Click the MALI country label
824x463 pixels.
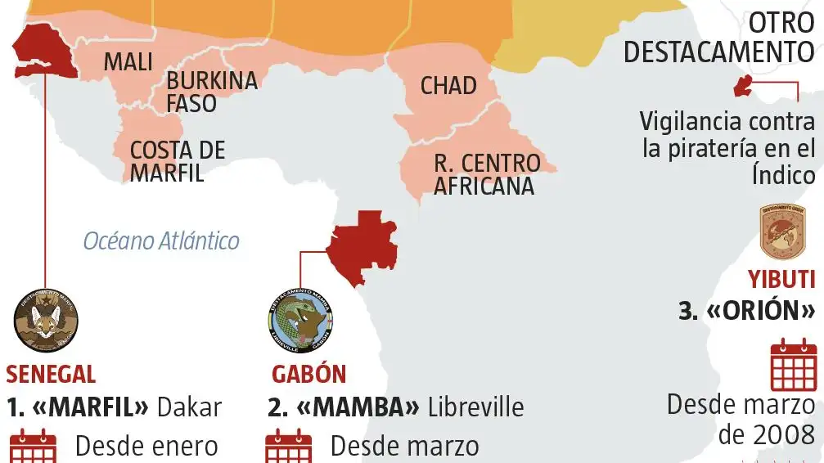point(128,61)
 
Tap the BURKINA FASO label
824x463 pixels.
point(211,92)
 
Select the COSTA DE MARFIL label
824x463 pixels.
point(177,161)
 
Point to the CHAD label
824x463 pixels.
point(448,86)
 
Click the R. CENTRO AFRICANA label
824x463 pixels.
point(486,174)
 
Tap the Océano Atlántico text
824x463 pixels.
point(161,241)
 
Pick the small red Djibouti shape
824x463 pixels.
point(743,86)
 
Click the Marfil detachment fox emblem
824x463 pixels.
point(47,321)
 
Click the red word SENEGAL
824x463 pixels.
point(51,375)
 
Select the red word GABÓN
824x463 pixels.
point(308,375)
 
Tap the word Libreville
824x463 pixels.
point(475,407)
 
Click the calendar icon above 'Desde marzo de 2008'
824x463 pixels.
point(794,364)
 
